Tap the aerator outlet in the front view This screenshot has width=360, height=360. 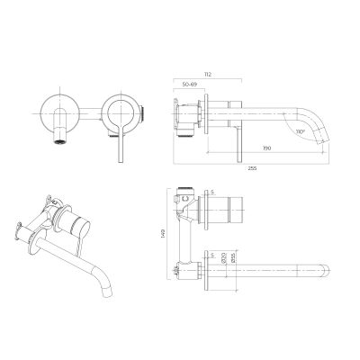pos(59,141)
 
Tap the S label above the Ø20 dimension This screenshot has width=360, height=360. pos(212,254)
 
